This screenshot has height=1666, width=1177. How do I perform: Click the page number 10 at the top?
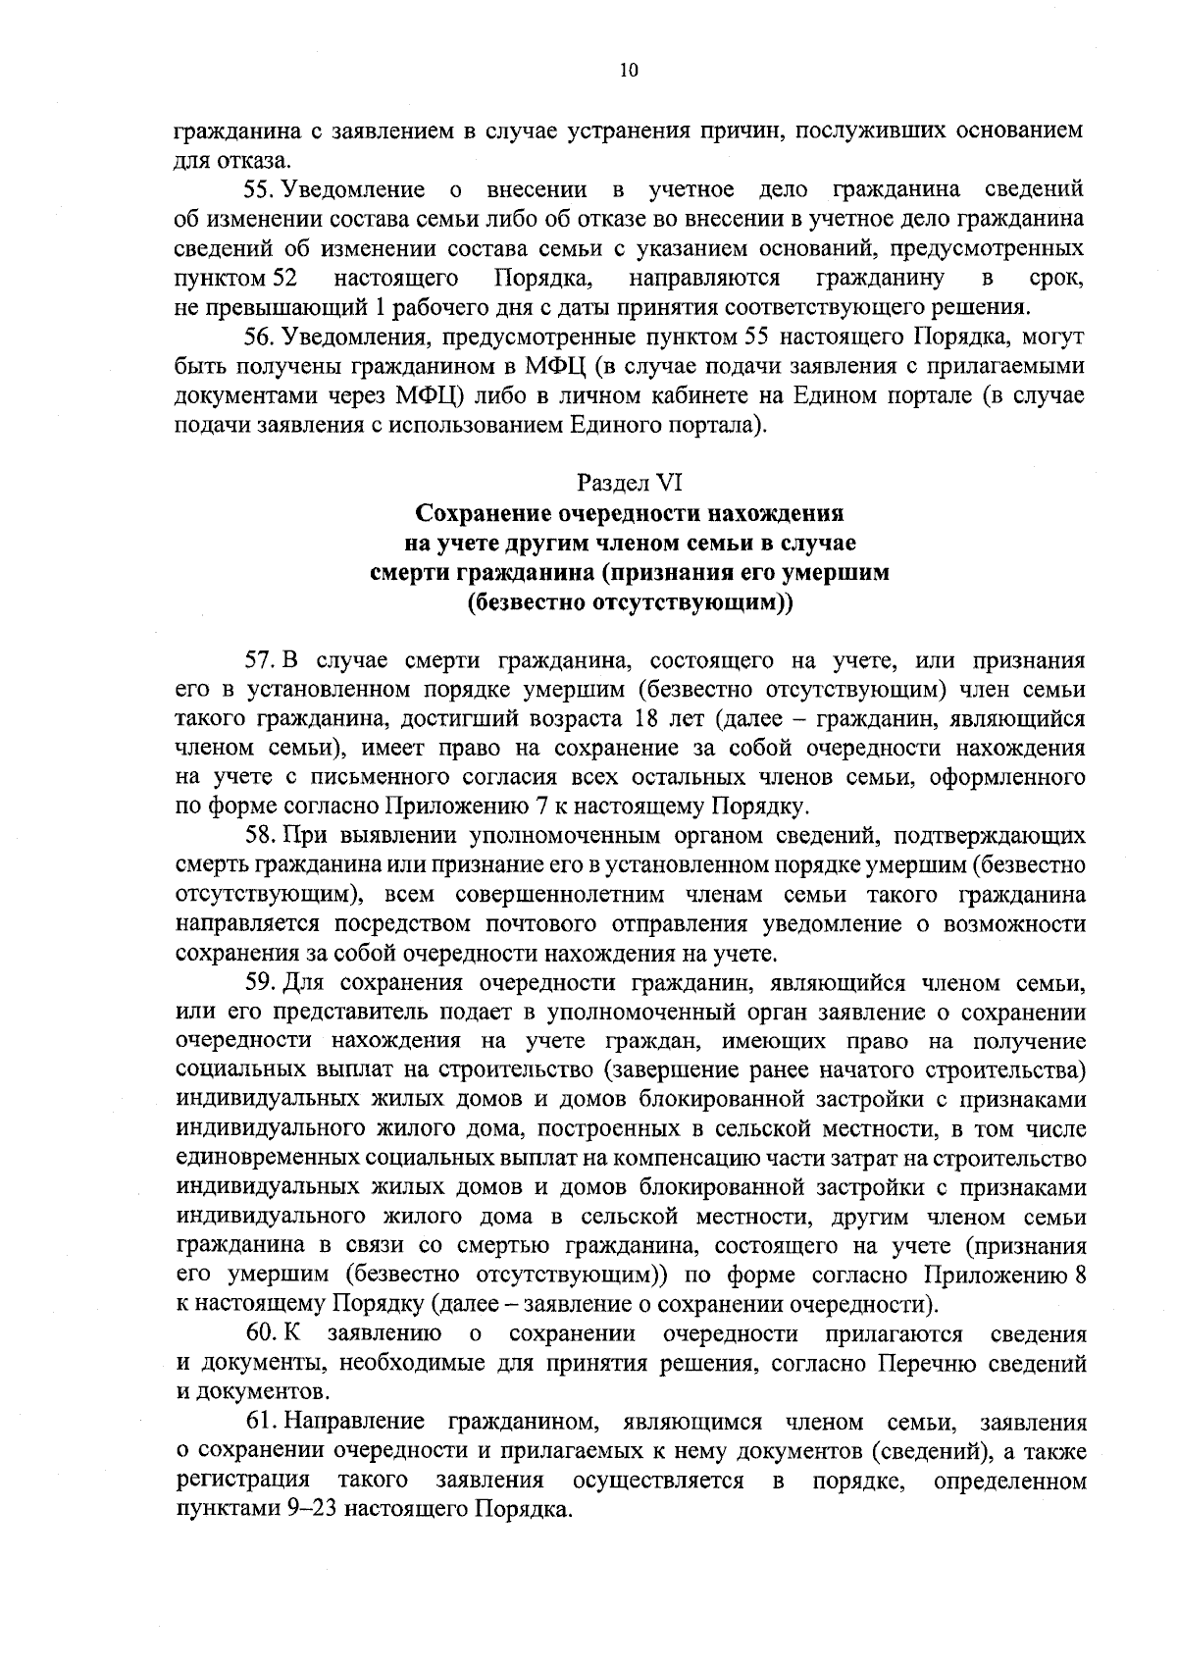click(x=629, y=70)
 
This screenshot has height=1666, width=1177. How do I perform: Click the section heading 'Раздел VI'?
click(x=629, y=483)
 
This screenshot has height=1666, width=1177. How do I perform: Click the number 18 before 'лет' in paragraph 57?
click(x=645, y=718)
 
